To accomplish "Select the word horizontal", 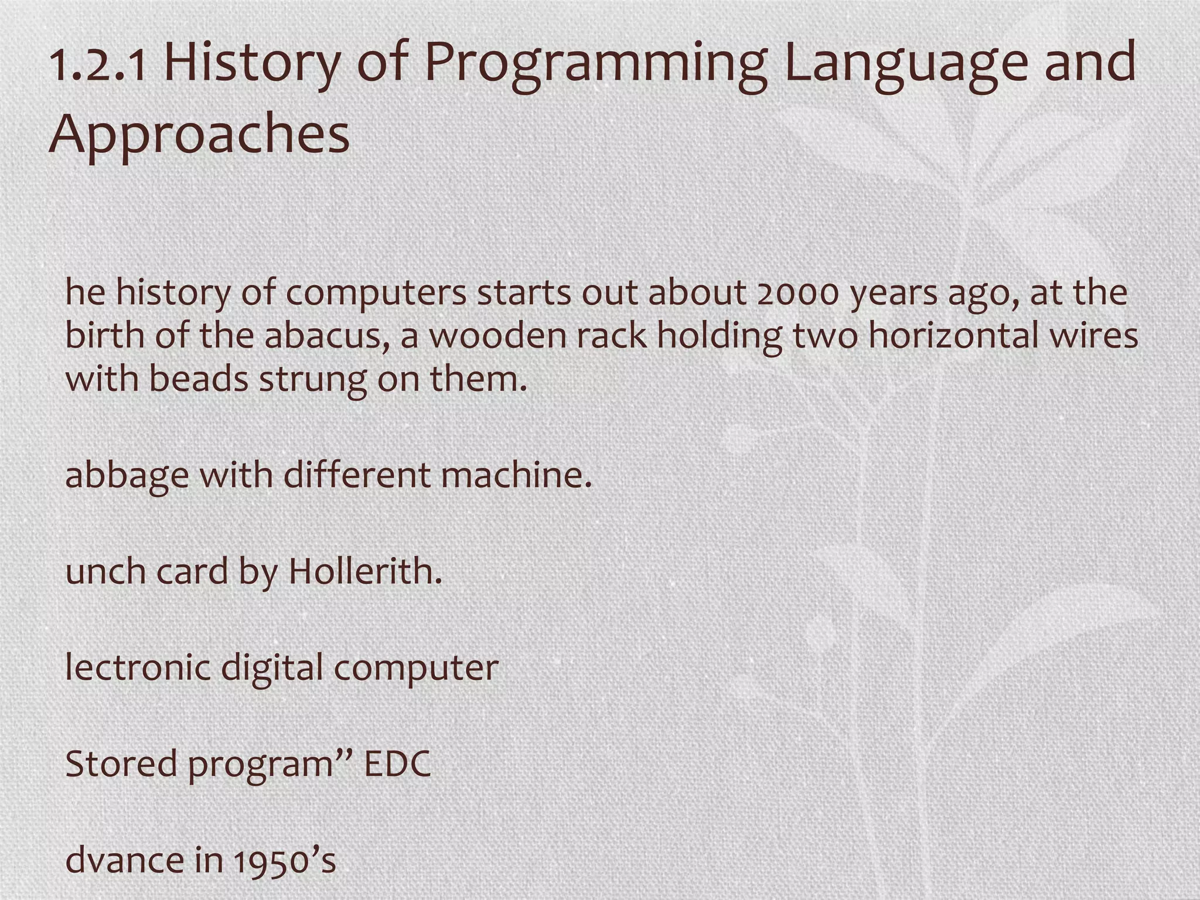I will (959, 336).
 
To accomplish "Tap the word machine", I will (516, 475).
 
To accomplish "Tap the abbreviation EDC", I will (398, 764).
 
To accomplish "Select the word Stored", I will (121, 764).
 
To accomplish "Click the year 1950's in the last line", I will (285, 860).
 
